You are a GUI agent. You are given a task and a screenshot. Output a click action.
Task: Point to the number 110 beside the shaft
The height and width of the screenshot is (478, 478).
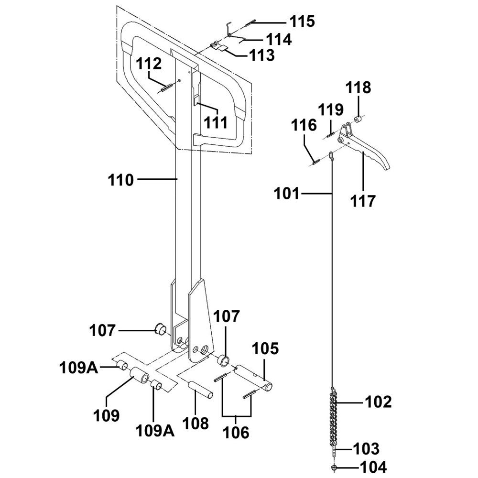(120, 180)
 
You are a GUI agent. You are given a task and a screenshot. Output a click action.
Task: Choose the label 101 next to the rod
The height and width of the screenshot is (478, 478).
(287, 194)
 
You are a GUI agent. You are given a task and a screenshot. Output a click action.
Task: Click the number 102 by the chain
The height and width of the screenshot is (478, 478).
(378, 402)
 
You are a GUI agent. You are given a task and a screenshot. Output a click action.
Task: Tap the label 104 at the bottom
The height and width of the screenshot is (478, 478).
(373, 467)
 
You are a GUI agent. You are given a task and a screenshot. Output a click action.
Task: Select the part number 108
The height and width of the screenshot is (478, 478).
(195, 424)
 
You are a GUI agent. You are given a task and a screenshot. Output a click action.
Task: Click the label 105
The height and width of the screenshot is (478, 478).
(265, 348)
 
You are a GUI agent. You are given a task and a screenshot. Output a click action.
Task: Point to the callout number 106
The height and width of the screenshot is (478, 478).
(237, 433)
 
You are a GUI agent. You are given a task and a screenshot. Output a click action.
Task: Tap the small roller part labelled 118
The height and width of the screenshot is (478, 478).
(357, 119)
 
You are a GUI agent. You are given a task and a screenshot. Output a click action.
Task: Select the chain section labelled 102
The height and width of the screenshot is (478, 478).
(333, 406)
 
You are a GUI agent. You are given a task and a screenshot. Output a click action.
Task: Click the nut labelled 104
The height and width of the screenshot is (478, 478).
(333, 467)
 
